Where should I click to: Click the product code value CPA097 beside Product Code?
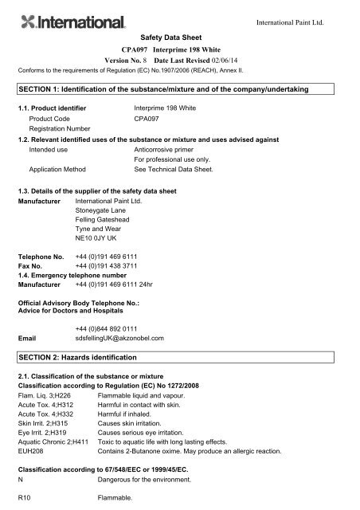[148, 117]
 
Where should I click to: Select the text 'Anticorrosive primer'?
[171, 148]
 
